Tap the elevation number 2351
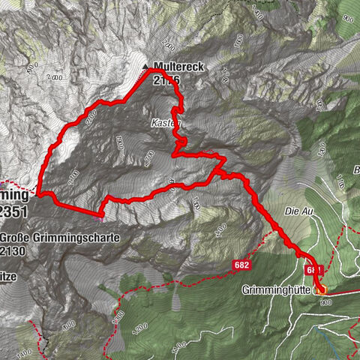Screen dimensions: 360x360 tap(15, 211)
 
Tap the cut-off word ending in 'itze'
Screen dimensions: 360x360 tap(10, 276)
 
